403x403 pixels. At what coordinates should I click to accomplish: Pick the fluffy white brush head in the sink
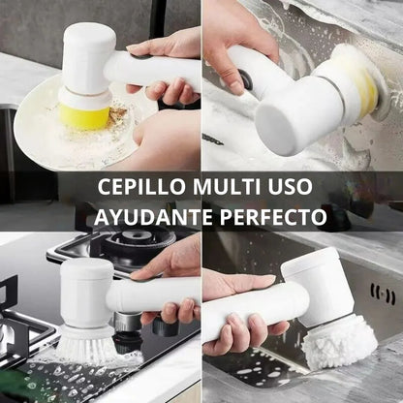tap(339, 341)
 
